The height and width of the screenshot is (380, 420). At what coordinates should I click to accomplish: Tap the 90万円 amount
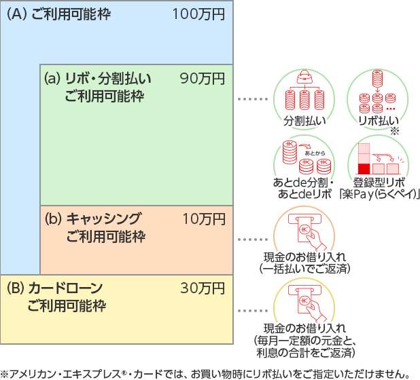tap(202, 78)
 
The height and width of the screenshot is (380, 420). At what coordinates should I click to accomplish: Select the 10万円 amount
tap(203, 218)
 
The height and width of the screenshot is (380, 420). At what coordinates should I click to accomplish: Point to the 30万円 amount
tap(202, 288)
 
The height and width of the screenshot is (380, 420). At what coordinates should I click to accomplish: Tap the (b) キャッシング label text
tap(94, 218)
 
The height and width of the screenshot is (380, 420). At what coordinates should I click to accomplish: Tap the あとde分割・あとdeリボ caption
tap(303, 188)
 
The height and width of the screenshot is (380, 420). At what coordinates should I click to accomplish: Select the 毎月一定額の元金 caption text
tap(304, 340)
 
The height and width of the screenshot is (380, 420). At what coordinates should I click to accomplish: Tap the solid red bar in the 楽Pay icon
tap(364, 167)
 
